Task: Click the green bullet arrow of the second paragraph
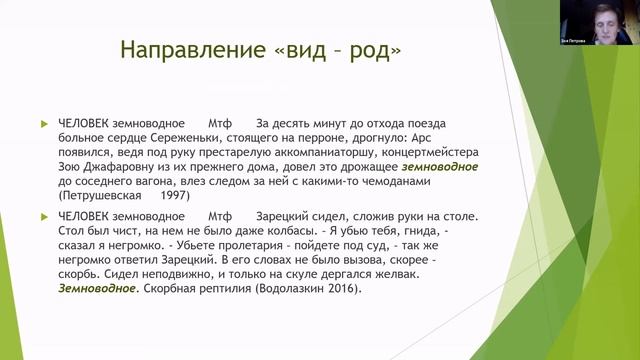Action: click(x=43, y=216)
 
